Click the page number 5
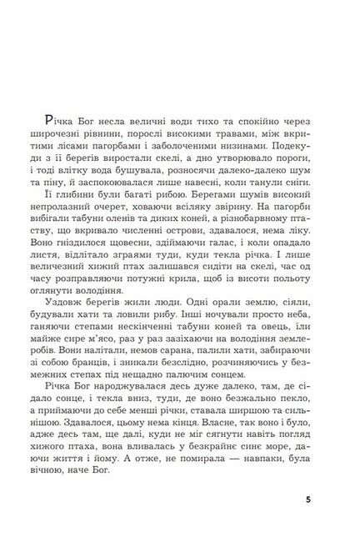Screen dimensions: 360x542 308,500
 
